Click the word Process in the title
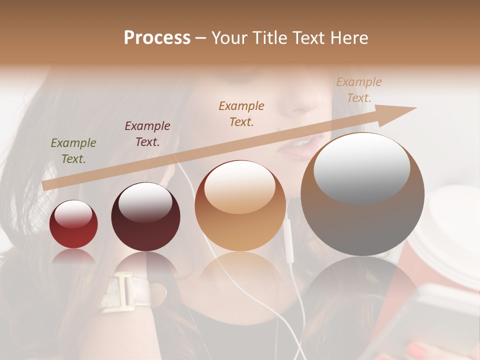click(x=157, y=38)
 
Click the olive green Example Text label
click(x=73, y=151)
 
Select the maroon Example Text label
click(x=147, y=133)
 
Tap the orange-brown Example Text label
click(x=241, y=113)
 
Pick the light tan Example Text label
click(x=358, y=90)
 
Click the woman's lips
click(x=303, y=147)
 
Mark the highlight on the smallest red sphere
click(x=73, y=214)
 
